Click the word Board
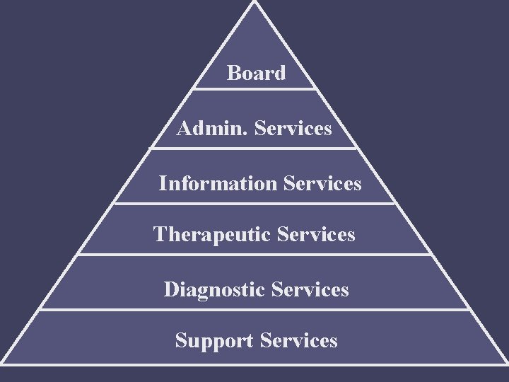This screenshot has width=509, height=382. (x=256, y=73)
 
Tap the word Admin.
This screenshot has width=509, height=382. (x=213, y=129)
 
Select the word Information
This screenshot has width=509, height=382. (x=218, y=184)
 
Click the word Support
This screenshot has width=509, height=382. (x=214, y=340)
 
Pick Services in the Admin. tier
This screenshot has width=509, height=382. (x=293, y=129)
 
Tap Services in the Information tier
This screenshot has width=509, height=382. (x=322, y=184)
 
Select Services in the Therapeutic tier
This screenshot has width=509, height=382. (x=317, y=234)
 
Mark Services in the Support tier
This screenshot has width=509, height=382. (x=298, y=340)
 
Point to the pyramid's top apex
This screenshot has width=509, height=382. (x=254, y=2)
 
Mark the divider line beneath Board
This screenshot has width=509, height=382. (x=255, y=89)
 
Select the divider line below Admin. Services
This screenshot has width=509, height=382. (x=255, y=148)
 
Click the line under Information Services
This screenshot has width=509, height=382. (x=255, y=204)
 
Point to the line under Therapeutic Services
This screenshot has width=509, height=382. (x=255, y=255)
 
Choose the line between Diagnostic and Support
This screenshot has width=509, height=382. (x=255, y=309)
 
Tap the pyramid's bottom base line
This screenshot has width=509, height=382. (x=255, y=364)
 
